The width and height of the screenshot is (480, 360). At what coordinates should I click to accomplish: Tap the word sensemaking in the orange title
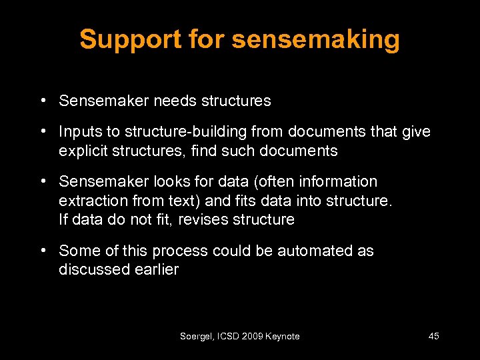click(x=315, y=39)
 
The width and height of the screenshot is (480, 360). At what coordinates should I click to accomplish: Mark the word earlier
click(x=155, y=269)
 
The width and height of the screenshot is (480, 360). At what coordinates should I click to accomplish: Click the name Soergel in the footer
click(x=196, y=337)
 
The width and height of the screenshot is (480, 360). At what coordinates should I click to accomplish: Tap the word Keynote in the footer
click(x=282, y=337)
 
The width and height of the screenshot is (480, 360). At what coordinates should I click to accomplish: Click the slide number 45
click(x=433, y=337)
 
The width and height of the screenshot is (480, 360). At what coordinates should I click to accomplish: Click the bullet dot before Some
click(x=42, y=251)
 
